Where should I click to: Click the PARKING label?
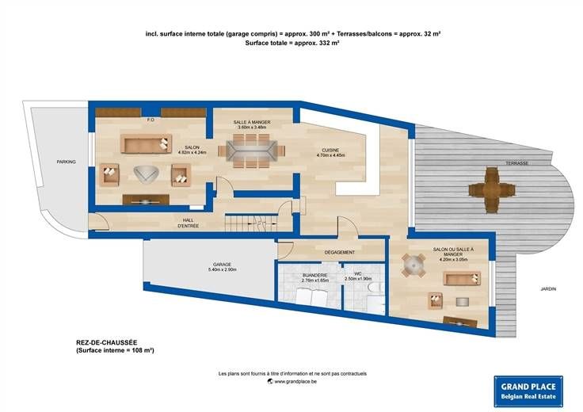point(67,162)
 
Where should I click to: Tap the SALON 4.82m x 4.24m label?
point(192,150)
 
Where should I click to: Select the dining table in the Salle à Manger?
point(252,151)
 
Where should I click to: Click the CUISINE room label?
point(330,153)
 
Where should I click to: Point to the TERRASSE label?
point(516,163)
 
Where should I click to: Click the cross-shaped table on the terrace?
point(492,190)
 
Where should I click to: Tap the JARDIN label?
point(548,289)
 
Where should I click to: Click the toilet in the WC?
point(372,288)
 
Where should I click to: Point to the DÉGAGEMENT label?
point(340,252)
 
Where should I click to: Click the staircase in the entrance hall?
point(251,223)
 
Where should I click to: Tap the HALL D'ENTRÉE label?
point(189,223)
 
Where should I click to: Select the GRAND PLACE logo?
point(528,391)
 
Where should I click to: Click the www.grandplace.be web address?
point(292,382)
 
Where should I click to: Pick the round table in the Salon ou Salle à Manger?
point(413,265)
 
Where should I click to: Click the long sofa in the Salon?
point(146,144)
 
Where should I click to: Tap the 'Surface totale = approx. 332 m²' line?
point(291,43)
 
